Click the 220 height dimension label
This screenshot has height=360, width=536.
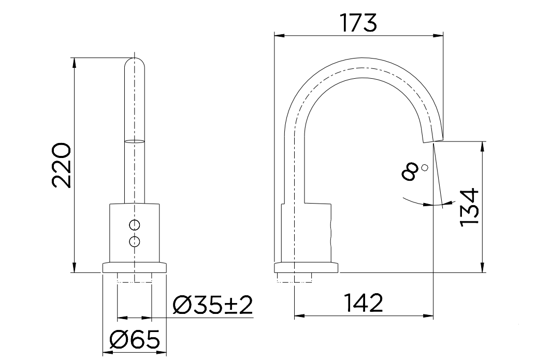(x=61, y=165)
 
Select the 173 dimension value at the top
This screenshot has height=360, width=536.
(x=358, y=23)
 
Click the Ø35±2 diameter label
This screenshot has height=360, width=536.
(x=212, y=306)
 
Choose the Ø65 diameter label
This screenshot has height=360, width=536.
(x=134, y=341)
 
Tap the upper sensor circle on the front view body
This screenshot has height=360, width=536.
(x=135, y=225)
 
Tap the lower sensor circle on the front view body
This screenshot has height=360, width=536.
(x=135, y=241)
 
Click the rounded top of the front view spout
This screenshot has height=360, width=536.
(x=135, y=63)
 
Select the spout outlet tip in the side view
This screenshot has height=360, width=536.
(x=434, y=138)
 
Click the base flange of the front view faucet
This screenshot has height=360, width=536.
(x=135, y=267)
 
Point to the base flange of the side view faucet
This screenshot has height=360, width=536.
(x=306, y=268)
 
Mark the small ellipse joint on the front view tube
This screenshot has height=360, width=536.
(x=135, y=140)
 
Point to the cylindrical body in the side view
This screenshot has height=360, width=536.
(x=306, y=233)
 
